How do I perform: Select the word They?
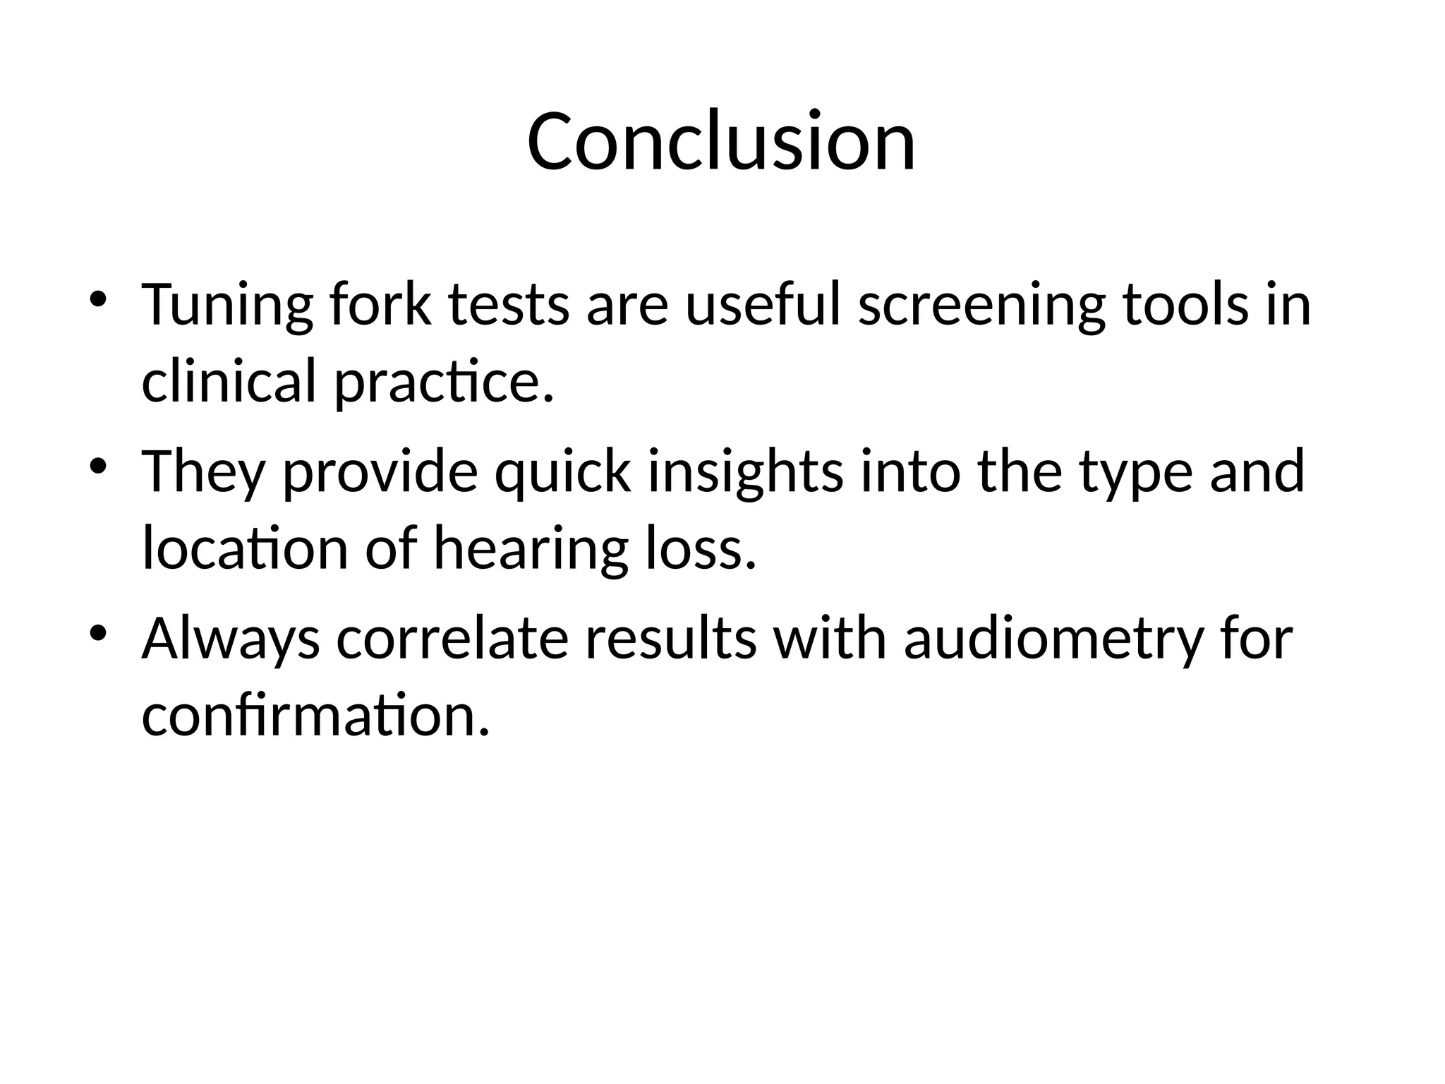204,473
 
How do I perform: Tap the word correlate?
452,639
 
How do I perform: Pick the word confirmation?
315,714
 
